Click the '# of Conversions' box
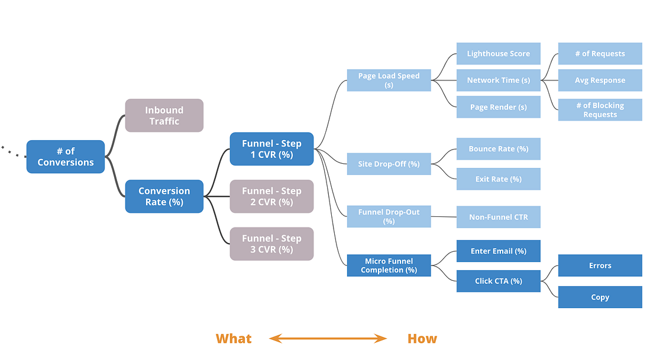[x=66, y=157]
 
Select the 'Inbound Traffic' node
[x=164, y=115]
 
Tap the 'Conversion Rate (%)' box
[x=164, y=196]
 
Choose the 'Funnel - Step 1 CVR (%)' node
[x=271, y=149]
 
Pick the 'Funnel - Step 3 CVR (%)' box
[x=271, y=244]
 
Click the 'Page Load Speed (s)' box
[x=389, y=80]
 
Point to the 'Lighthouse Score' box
[x=499, y=54]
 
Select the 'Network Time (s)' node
[x=499, y=80]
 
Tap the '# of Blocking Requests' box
[x=600, y=110]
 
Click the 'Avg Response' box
[x=600, y=80]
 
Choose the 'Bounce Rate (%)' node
[x=499, y=149]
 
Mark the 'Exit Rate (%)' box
[x=499, y=179]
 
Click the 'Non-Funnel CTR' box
[x=499, y=217]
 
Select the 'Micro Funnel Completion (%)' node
[x=389, y=265]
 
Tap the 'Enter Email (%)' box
[x=499, y=251]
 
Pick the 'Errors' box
[x=600, y=265]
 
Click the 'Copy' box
[x=600, y=297]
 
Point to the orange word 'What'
[x=234, y=339]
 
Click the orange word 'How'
[x=422, y=339]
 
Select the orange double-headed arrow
[x=328, y=339]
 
